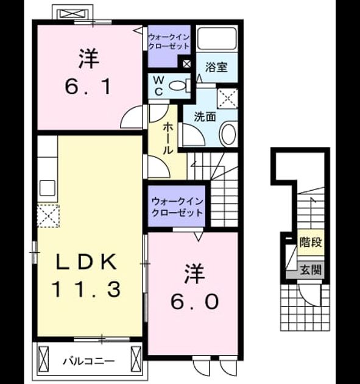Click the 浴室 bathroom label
click(216, 67)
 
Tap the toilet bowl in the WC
click(177, 86)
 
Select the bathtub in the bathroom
click(217, 38)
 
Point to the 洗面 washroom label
click(205, 117)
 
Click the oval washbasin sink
click(228, 133)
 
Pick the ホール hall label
click(168, 138)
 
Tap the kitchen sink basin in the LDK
click(48, 188)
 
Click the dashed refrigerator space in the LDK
click(48, 216)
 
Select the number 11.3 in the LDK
click(86, 289)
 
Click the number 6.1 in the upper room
click(88, 87)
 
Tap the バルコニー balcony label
click(89, 361)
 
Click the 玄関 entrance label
click(311, 269)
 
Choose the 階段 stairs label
click(311, 242)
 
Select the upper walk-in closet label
click(169, 41)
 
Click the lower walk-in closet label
click(177, 207)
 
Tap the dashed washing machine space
click(227, 98)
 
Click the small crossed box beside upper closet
click(186, 64)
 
